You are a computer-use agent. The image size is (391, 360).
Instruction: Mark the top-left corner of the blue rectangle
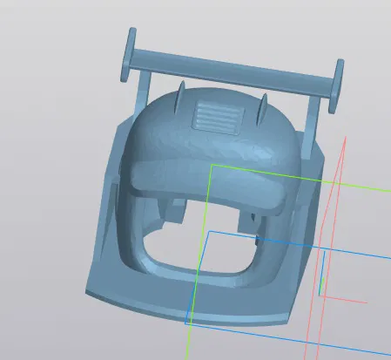[x=209, y=231]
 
